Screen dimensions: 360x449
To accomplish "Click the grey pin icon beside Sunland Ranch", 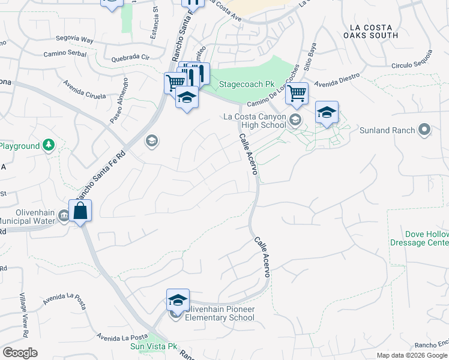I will tap(424, 130).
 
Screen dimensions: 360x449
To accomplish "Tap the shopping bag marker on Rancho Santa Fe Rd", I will tap(80, 211).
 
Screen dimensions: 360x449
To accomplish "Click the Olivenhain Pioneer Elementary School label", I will tap(220, 313).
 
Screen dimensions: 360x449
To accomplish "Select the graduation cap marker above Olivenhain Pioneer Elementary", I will tap(178, 299).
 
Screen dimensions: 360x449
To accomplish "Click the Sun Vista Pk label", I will tap(154, 346).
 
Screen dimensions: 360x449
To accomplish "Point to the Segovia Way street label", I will tap(76, 40).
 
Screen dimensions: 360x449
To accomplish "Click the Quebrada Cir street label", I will tap(130, 59).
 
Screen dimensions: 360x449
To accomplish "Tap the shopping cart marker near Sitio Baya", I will tap(297, 94).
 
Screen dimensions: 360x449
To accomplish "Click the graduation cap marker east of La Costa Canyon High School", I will tap(327, 112).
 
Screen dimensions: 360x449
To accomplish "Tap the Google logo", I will tap(20, 353).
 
